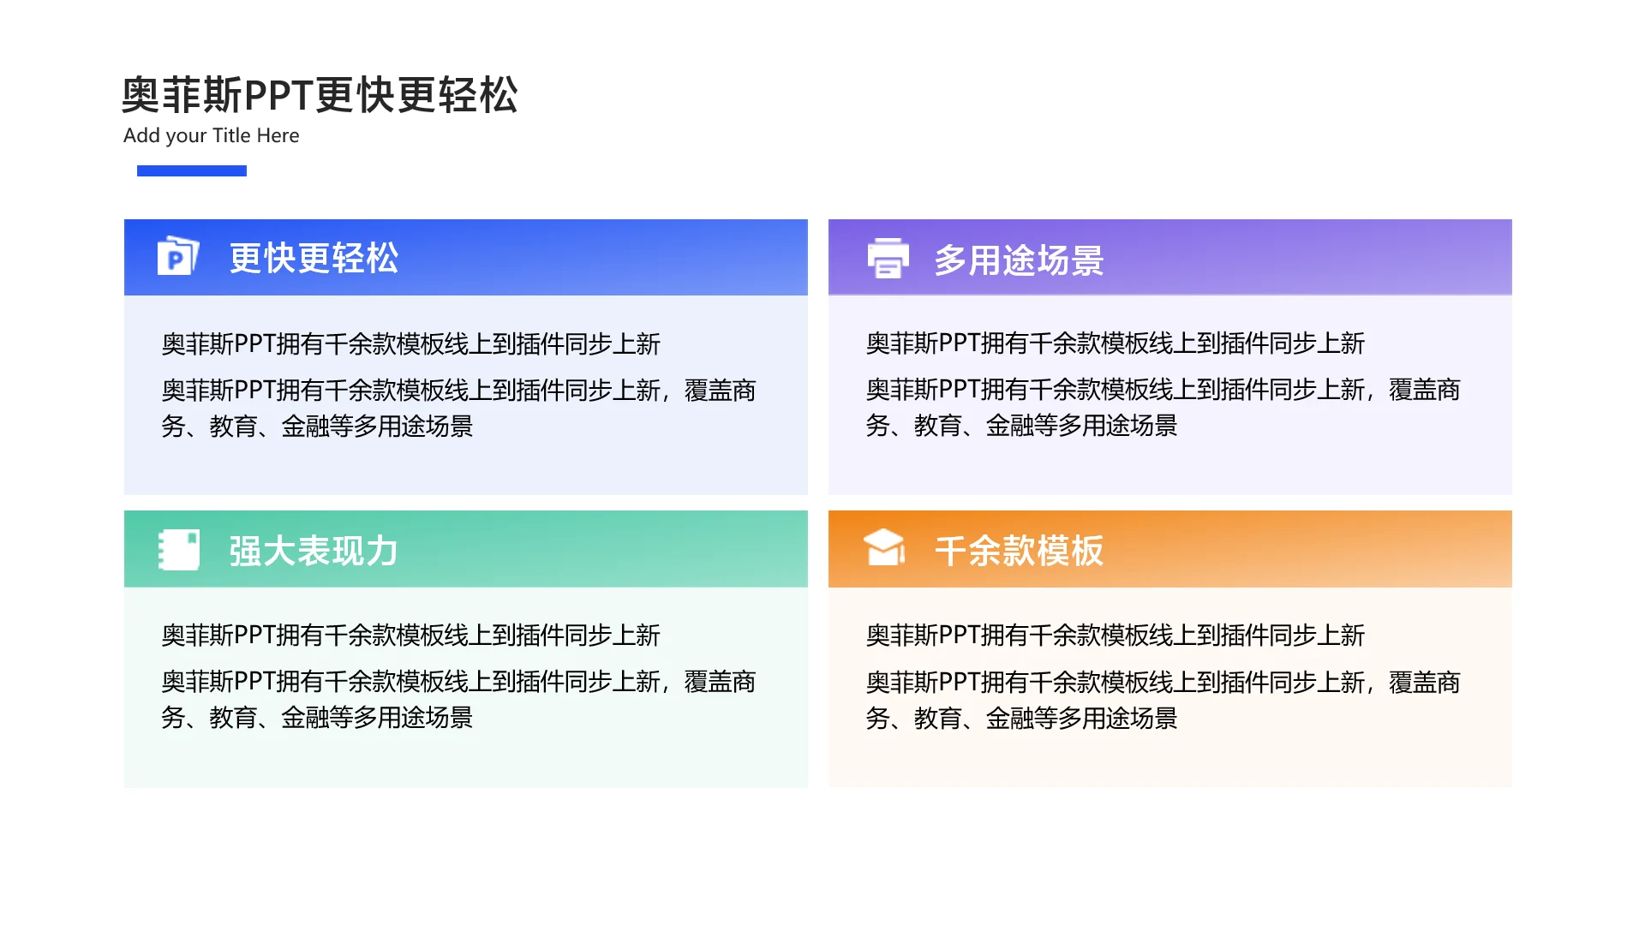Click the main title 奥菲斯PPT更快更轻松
click(x=320, y=94)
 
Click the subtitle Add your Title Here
click(x=211, y=135)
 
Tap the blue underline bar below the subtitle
click(x=192, y=170)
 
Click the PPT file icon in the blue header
click(x=178, y=255)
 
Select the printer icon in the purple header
click(x=888, y=258)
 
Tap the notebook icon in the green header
click(x=179, y=550)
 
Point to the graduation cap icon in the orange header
click(x=884, y=547)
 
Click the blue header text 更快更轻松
click(x=314, y=258)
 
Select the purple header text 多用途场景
click(x=1019, y=260)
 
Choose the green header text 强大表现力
click(x=314, y=551)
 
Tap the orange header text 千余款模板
click(x=1019, y=551)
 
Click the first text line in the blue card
click(x=411, y=344)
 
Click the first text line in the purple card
click(x=1116, y=343)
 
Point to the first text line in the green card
click(x=411, y=636)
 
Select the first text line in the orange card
click(x=1116, y=636)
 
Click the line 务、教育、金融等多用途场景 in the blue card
click(x=317, y=427)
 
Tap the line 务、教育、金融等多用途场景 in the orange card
click(x=1021, y=719)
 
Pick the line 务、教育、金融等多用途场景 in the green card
click(x=317, y=718)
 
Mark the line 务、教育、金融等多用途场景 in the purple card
click(x=1021, y=426)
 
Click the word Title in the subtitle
click(x=231, y=135)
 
